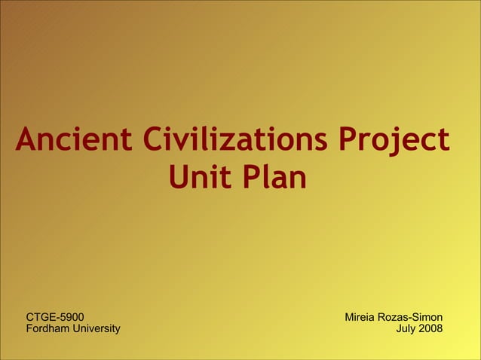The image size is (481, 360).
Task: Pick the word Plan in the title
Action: click(274, 178)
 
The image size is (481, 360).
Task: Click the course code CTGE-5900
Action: click(55, 317)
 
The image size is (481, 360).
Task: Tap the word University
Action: click(95, 328)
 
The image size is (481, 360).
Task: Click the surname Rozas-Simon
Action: click(412, 317)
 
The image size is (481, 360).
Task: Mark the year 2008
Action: click(431, 328)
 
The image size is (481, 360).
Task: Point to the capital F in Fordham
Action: click(29, 328)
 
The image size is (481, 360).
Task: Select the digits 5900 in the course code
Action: click(71, 317)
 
